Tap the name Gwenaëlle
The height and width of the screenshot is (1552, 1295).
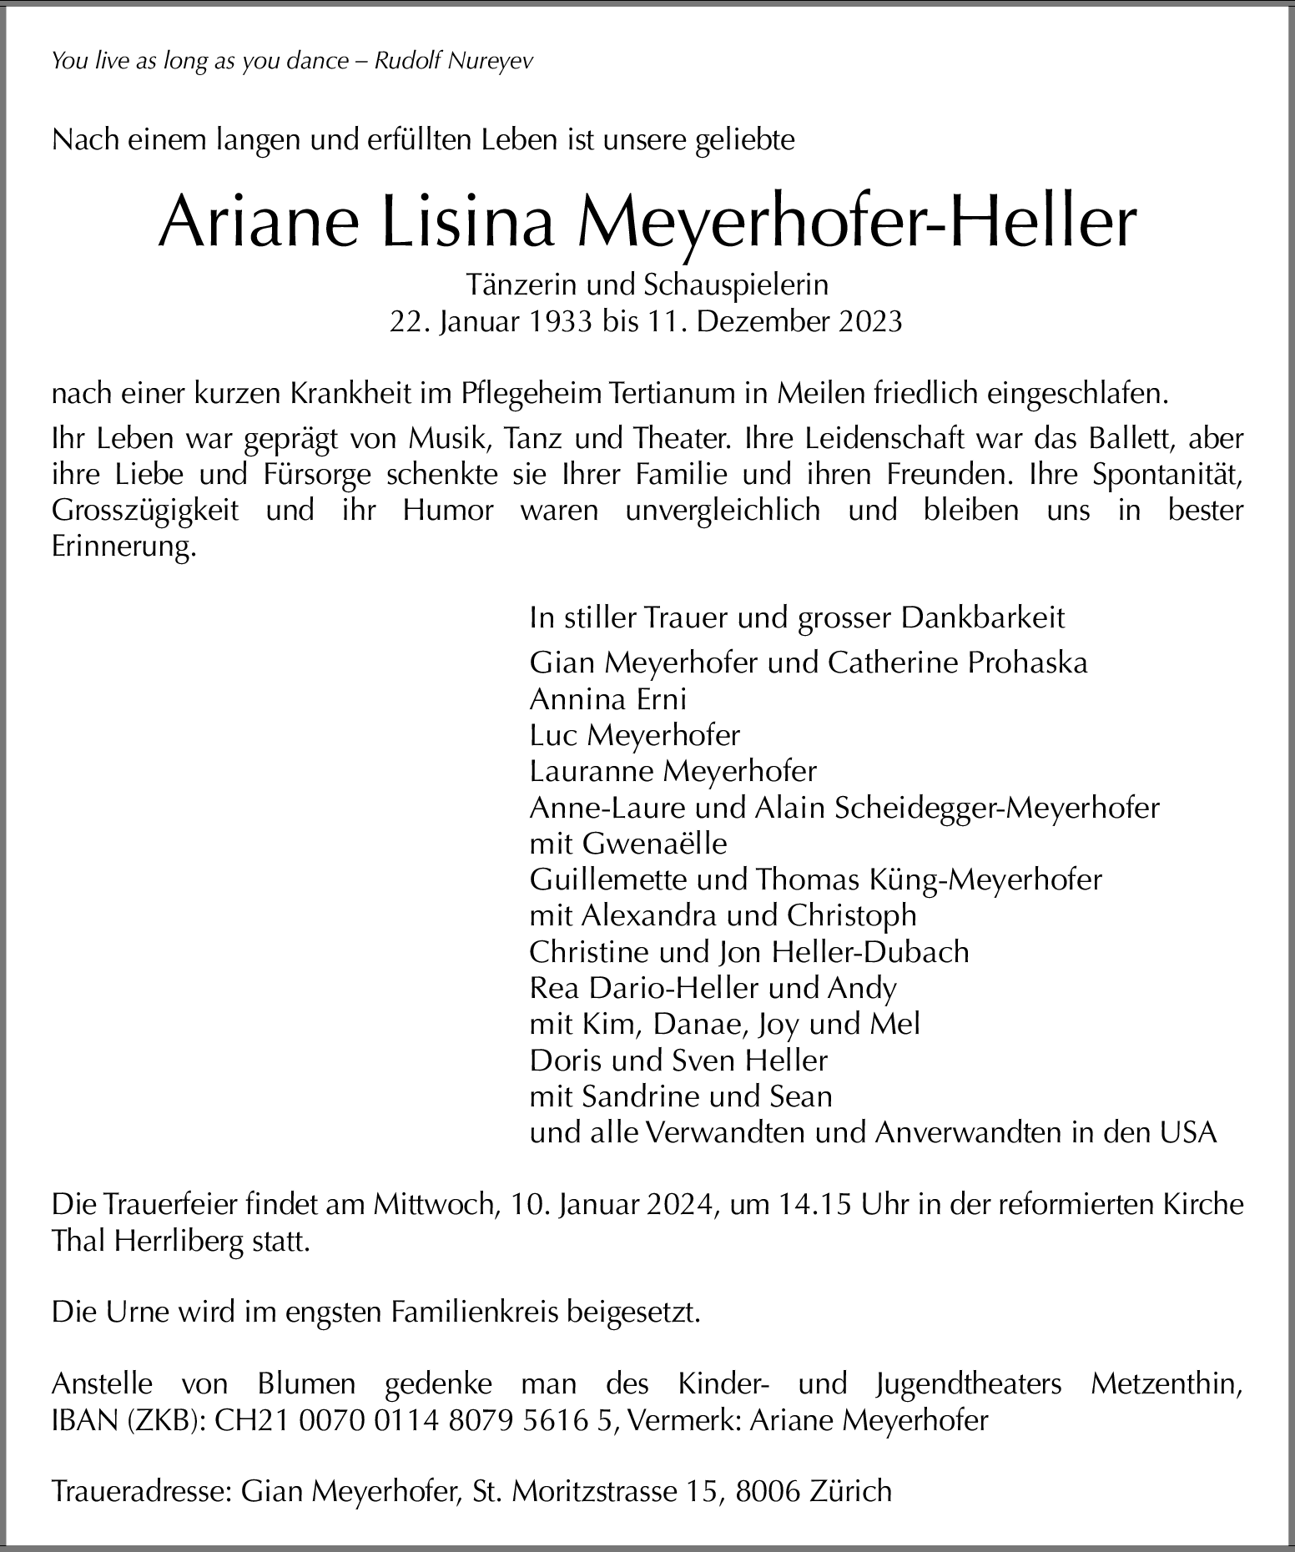[x=654, y=844]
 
